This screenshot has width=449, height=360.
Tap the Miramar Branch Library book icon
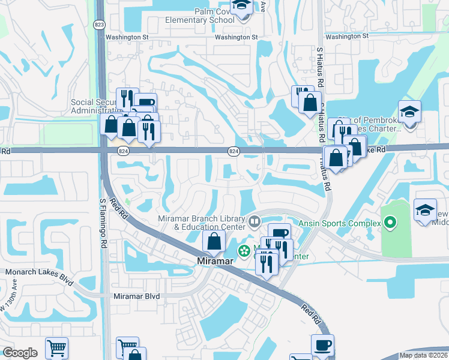255,223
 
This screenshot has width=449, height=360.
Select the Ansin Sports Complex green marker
391,224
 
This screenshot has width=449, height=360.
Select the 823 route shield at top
99,24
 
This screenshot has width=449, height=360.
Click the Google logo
20,353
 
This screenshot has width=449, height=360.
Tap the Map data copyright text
423,355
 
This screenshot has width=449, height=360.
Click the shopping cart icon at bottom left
56,347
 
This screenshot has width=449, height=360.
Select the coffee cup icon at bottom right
322,344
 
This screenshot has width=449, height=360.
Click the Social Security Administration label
96,106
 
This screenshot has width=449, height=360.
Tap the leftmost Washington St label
127,37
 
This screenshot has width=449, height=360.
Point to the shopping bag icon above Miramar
214,242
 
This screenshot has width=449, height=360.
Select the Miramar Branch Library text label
201,223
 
